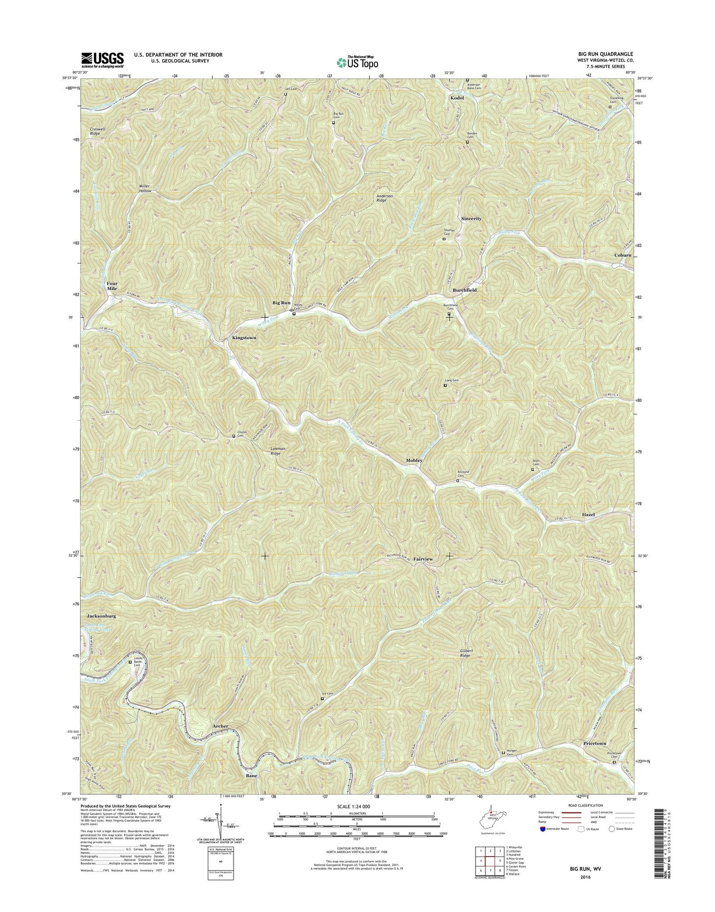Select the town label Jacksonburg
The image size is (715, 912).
101,616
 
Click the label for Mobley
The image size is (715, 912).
414,460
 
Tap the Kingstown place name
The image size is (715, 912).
244,338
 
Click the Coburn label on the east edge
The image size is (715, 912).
622,255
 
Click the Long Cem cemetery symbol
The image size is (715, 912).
444,385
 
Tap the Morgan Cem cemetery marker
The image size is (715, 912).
504,753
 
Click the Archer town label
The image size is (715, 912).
220,726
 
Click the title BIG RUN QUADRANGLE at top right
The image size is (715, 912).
609,54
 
